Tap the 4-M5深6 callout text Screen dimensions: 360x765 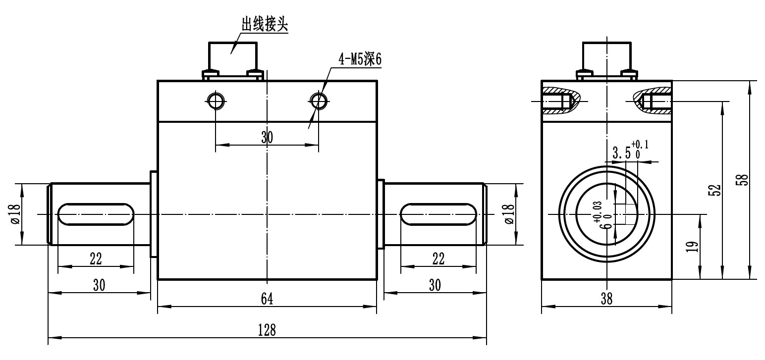[x=360, y=59]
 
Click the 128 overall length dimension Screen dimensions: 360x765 [x=268, y=329]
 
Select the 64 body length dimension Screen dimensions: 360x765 [x=267, y=298]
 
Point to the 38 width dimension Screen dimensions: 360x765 [x=606, y=299]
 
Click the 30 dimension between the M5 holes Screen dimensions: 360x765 [x=267, y=137]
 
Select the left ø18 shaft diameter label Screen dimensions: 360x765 [x=15, y=213]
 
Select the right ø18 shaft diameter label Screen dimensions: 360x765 [x=509, y=213]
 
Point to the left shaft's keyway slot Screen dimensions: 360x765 [x=96, y=214]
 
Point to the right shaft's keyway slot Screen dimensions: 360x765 [x=438, y=214]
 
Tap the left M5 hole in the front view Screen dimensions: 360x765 [x=216, y=101]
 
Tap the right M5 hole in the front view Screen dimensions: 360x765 [x=318, y=101]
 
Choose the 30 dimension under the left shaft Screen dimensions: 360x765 [x=99, y=285]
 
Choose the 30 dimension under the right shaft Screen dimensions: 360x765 [x=435, y=285]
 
